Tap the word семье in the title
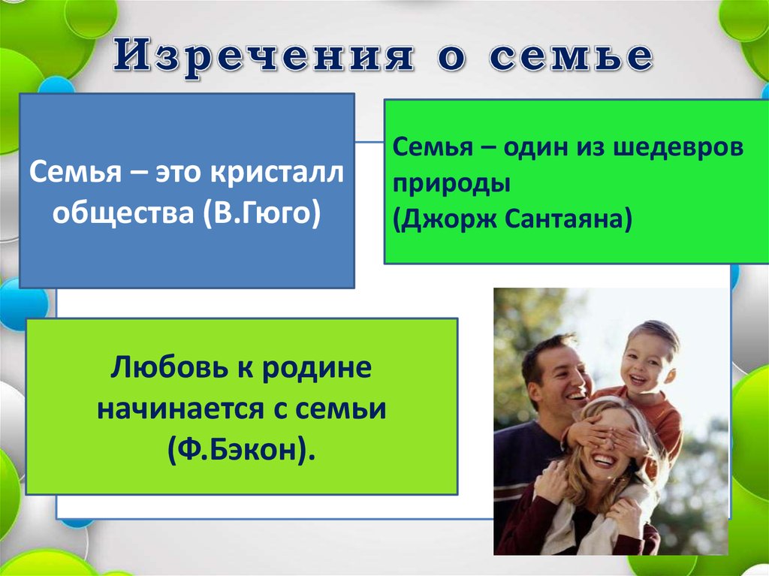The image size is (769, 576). point(571,56)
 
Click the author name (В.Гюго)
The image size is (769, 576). point(262,213)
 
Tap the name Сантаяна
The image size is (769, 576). point(568,219)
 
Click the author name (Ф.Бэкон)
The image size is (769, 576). point(241,449)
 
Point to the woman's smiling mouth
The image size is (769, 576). point(604,460)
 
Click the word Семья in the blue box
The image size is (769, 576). point(75,173)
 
